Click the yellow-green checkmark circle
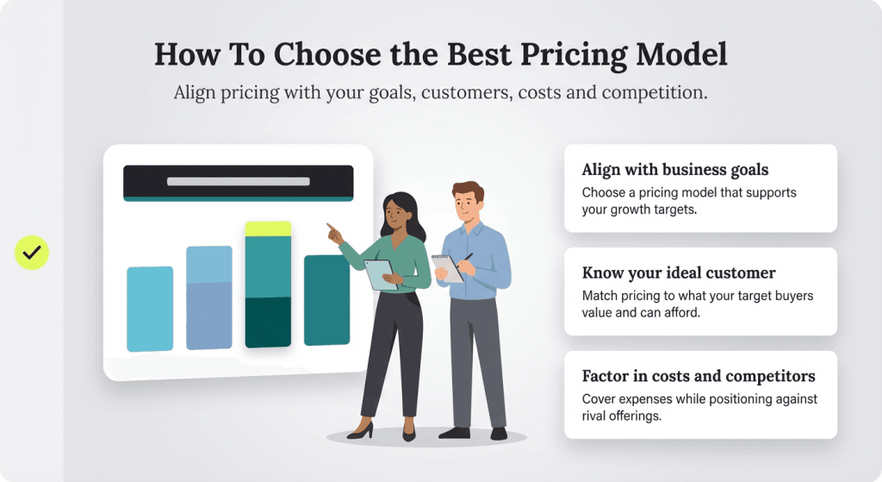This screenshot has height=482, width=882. tap(32, 253)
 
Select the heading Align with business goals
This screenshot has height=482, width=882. tap(675, 170)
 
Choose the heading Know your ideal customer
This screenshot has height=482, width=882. tap(679, 273)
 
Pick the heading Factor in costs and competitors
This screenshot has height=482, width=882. tap(699, 376)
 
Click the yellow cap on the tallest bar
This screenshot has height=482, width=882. tap(268, 229)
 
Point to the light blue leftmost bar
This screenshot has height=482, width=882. tap(150, 309)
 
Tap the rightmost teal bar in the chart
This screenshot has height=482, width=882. tap(326, 300)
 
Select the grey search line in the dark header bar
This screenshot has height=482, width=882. tap(238, 182)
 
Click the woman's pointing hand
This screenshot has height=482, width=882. tap(332, 231)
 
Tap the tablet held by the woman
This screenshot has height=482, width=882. tap(380, 274)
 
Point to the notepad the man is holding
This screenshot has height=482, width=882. tap(448, 267)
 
